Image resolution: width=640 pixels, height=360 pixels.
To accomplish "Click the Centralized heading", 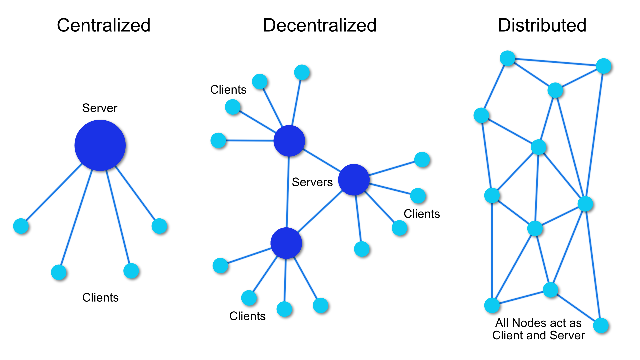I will click(x=104, y=25).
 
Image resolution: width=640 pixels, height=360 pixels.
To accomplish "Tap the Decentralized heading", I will click(x=320, y=25).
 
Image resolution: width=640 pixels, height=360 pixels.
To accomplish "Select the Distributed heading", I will click(x=542, y=25).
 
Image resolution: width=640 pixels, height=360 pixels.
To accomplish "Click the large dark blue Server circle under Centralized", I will click(x=100, y=145).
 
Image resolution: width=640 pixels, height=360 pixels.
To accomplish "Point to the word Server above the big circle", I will click(x=100, y=108).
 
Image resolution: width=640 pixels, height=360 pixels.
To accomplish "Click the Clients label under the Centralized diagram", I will click(x=100, y=297).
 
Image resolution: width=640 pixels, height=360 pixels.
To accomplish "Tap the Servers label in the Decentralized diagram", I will click(x=312, y=182).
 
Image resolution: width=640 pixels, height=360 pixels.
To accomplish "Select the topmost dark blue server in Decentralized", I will click(x=289, y=141).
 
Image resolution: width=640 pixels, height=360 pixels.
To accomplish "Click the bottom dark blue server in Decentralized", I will click(x=286, y=243).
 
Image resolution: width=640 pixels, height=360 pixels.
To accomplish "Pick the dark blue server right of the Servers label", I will click(x=354, y=179).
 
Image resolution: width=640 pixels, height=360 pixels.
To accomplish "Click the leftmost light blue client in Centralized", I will click(x=21, y=226).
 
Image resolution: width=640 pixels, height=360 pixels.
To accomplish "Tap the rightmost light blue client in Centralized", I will click(x=159, y=226).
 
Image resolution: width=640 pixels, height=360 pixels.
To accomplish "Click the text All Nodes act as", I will click(x=538, y=323).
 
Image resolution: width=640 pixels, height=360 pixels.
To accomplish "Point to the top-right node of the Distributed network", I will click(x=603, y=66).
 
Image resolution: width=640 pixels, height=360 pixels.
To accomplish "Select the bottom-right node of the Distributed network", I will click(x=601, y=325).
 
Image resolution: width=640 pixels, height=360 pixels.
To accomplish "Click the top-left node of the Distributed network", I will click(x=507, y=58).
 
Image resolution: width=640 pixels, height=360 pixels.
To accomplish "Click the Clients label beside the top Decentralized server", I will click(x=228, y=90).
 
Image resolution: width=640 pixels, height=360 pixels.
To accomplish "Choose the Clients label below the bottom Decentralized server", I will click(x=247, y=316).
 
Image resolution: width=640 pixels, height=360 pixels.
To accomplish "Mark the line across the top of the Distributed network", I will click(x=555, y=62).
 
